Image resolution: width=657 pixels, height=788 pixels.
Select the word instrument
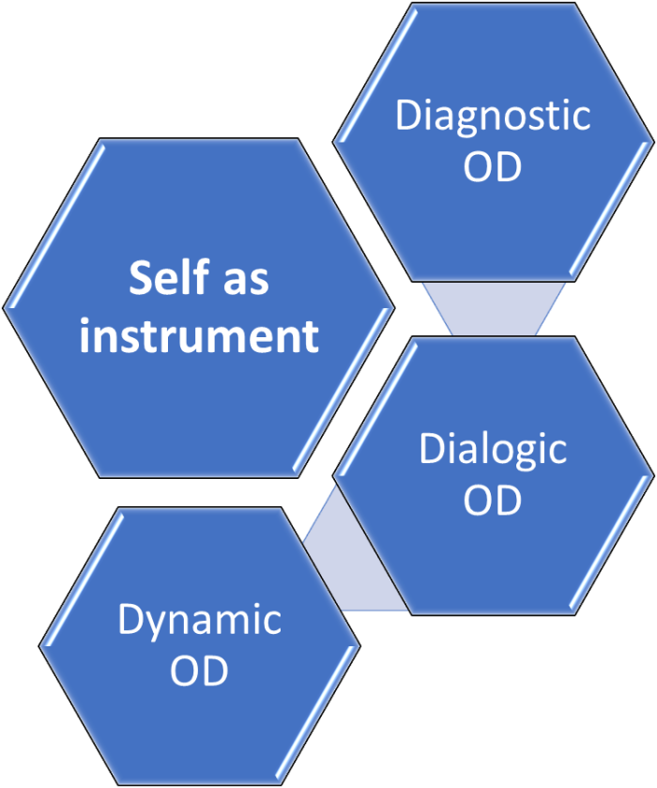199,336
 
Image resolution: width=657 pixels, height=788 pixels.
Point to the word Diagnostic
493,116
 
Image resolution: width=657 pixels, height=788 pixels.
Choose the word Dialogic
493,449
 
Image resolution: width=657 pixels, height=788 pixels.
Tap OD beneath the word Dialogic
493,500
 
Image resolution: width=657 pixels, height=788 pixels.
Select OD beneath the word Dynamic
199,672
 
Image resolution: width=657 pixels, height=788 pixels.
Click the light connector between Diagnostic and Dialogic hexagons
494,308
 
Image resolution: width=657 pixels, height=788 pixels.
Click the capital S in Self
141,279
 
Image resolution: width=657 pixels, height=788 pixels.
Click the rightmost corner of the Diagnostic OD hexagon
651,143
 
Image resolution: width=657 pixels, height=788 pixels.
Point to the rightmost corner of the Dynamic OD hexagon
359,646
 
